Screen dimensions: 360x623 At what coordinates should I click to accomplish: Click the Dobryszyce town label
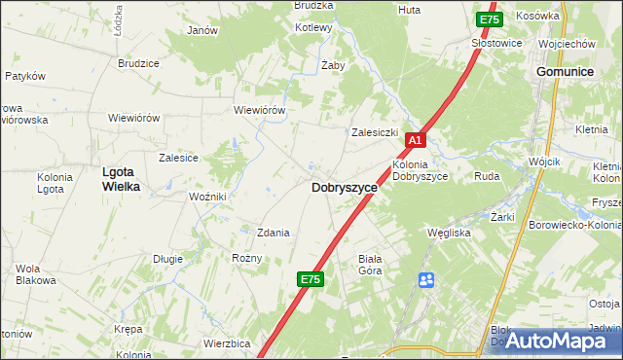tap(344, 188)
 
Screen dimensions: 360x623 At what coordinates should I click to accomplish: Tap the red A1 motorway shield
tap(415, 141)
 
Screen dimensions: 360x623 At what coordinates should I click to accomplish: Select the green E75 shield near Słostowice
tap(489, 19)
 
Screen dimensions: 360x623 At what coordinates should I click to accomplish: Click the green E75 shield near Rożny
tap(310, 279)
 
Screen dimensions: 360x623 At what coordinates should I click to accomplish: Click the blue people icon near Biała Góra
tap(426, 280)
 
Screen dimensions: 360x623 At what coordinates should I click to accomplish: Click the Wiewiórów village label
tap(259, 110)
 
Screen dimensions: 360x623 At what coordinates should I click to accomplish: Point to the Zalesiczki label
tap(376, 131)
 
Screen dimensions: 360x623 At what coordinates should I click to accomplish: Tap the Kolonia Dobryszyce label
tap(420, 170)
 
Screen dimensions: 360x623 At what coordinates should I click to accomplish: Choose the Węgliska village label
tap(450, 234)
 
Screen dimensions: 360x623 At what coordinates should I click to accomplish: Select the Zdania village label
tap(273, 233)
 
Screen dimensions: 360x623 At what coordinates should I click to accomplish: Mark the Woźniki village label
tap(208, 197)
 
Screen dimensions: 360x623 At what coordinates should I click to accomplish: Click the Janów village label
tap(202, 30)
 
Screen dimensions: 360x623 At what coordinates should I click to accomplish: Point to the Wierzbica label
tap(228, 343)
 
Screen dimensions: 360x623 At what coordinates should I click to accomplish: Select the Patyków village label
tap(25, 75)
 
